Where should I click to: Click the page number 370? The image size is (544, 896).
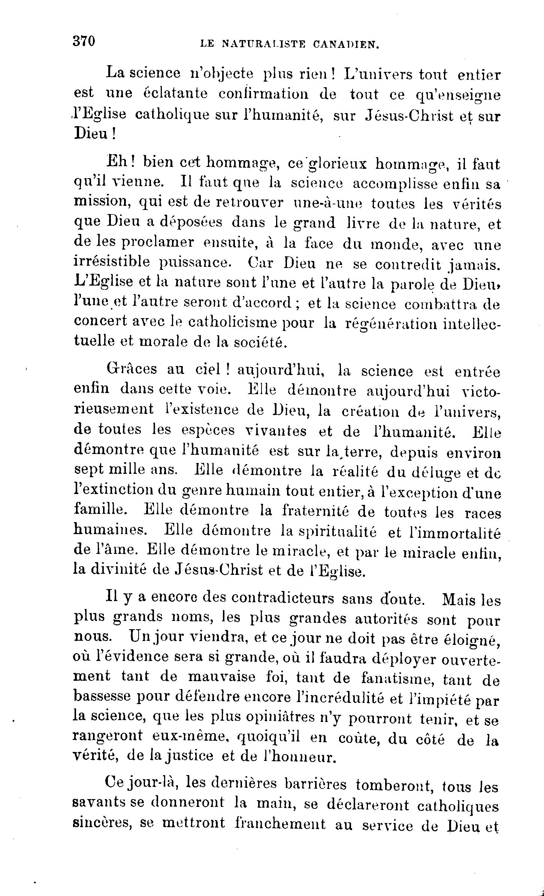pos(85,41)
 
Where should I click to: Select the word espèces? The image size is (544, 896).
pos(209,430)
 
